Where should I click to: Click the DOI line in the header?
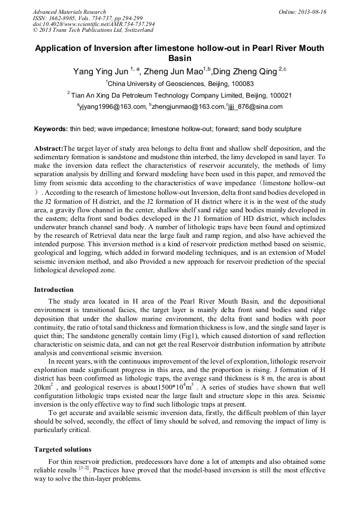[93, 24]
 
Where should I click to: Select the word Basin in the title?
[179, 58]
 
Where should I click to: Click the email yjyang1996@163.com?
[113, 107]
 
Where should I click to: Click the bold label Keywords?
[51, 129]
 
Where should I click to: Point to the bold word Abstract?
[48, 149]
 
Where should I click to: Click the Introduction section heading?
[54, 290]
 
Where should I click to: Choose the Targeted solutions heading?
[63, 449]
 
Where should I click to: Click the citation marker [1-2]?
[84, 469]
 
